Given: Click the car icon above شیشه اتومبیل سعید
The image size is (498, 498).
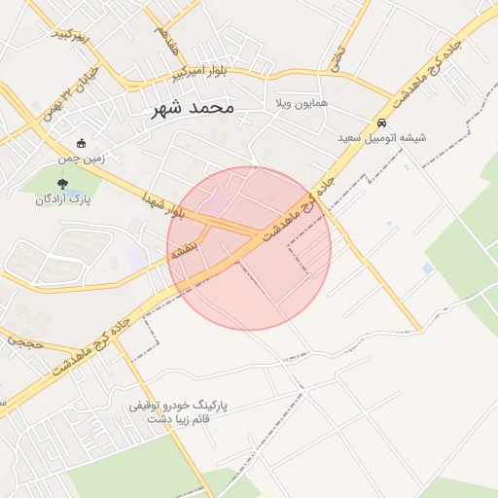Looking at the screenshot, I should [383, 124].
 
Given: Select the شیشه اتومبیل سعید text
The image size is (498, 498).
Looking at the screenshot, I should [382, 139].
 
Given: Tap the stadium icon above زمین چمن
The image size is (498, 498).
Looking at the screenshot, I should [81, 143].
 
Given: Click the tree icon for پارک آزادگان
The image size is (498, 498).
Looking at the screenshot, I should [63, 182].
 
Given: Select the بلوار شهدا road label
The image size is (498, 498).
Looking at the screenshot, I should [161, 203].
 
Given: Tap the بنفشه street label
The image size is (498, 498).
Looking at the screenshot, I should [185, 250].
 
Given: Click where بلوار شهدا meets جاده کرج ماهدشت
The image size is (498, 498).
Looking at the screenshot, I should [258, 233].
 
